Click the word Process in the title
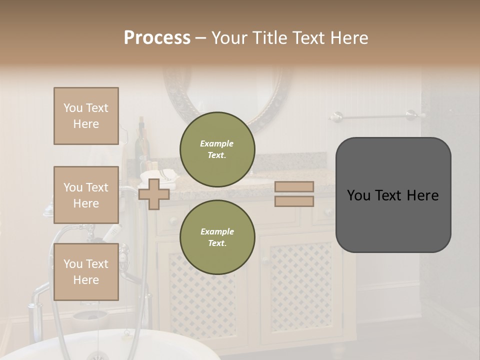(x=157, y=38)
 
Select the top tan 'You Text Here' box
(x=86, y=116)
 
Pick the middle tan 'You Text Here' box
(x=86, y=195)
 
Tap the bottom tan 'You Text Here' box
(x=86, y=272)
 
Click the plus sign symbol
(x=153, y=194)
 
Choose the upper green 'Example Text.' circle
(x=217, y=149)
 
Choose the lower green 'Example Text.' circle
(x=217, y=237)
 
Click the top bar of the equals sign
(x=294, y=186)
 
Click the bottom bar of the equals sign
(x=294, y=201)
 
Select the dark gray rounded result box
(x=393, y=195)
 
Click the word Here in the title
(x=349, y=38)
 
